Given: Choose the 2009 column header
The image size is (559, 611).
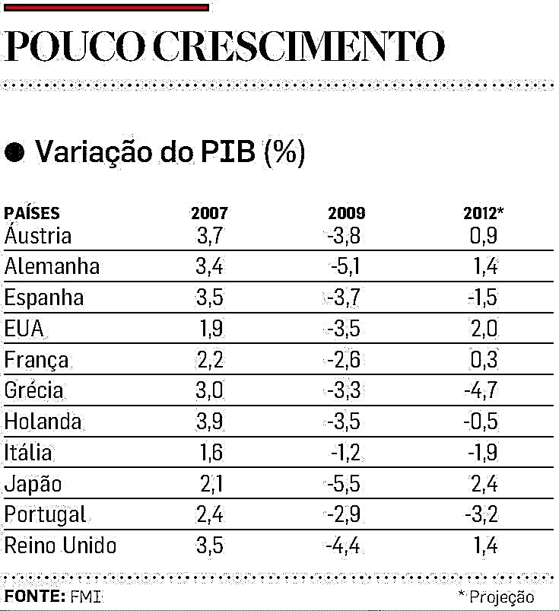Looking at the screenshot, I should coord(346,214).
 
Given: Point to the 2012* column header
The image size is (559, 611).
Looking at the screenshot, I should coord(483,214).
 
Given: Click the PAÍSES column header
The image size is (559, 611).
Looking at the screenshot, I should coord(32,214).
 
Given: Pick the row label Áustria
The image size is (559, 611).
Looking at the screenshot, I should coord(38,235).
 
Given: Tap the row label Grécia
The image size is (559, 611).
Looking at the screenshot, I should coord(33,391).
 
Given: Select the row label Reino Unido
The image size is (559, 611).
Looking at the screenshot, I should coord(61,546).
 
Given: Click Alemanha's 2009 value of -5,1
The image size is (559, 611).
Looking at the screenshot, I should coord(345,267).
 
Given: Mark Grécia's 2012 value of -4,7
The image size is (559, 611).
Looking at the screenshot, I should coord(481,391).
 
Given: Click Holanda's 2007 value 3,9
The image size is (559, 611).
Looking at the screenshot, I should coord(209,422).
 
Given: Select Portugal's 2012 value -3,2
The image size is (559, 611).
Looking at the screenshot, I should coord(481,515).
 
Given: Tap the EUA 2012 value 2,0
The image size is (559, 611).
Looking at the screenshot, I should coord(483,329).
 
